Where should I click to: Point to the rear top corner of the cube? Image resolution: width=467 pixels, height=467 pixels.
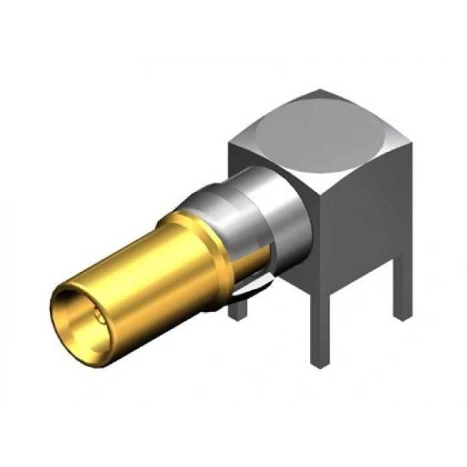point(322,90)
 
